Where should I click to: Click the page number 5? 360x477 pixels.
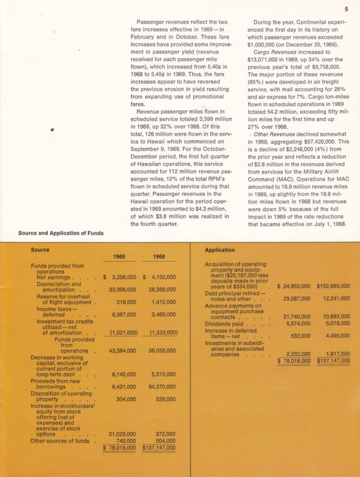tap(346, 8)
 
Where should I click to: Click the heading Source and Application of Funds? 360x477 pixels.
tap(61, 233)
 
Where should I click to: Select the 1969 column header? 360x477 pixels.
tap(119, 257)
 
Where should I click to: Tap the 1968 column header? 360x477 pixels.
tap(158, 257)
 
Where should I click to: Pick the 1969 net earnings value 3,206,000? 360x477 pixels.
tap(122, 277)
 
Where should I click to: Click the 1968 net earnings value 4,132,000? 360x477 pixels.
tap(162, 277)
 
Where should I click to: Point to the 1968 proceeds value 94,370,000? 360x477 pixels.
tap(162, 387)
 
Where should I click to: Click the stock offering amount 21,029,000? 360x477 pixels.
tap(122, 434)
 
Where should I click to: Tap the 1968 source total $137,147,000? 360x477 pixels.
tap(159, 448)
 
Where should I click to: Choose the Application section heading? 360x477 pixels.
tap(220, 250)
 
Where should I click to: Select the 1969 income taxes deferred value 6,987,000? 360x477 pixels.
tap(124, 315)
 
